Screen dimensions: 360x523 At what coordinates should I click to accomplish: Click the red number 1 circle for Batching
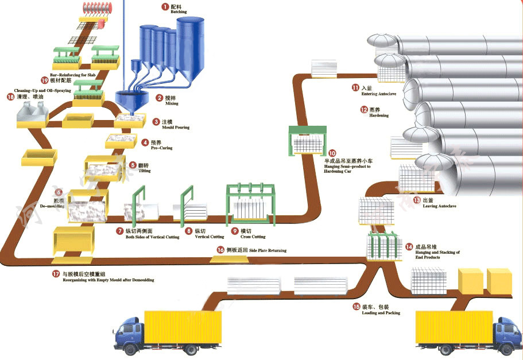pyautogui.click(x=165, y=7)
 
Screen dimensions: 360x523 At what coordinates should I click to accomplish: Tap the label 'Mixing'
pyautogui.click(x=172, y=104)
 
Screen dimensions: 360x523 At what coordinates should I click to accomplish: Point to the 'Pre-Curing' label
pyautogui.click(x=161, y=148)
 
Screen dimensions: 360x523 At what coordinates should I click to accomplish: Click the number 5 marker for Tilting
pyautogui.click(x=133, y=165)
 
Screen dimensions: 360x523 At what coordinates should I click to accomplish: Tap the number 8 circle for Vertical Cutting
pyautogui.click(x=189, y=231)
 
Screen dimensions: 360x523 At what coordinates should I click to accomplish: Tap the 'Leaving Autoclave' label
pyautogui.click(x=439, y=206)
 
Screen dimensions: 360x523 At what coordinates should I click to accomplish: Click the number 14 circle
pyautogui.click(x=409, y=247)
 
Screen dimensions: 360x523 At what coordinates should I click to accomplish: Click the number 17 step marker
pyautogui.click(x=56, y=274)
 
